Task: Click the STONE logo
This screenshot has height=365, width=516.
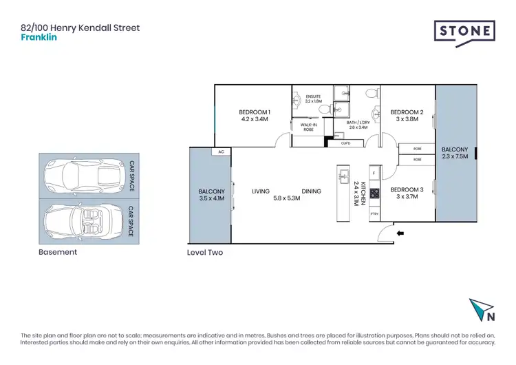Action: (x=464, y=32)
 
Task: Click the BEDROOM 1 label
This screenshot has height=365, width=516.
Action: (x=254, y=112)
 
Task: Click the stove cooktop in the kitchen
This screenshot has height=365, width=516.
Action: (x=375, y=194)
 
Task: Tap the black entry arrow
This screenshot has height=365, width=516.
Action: (x=401, y=234)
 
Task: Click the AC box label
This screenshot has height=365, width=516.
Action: (x=221, y=152)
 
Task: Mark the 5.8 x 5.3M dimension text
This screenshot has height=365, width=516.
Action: (x=286, y=198)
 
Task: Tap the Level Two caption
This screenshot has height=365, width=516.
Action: (x=204, y=253)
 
